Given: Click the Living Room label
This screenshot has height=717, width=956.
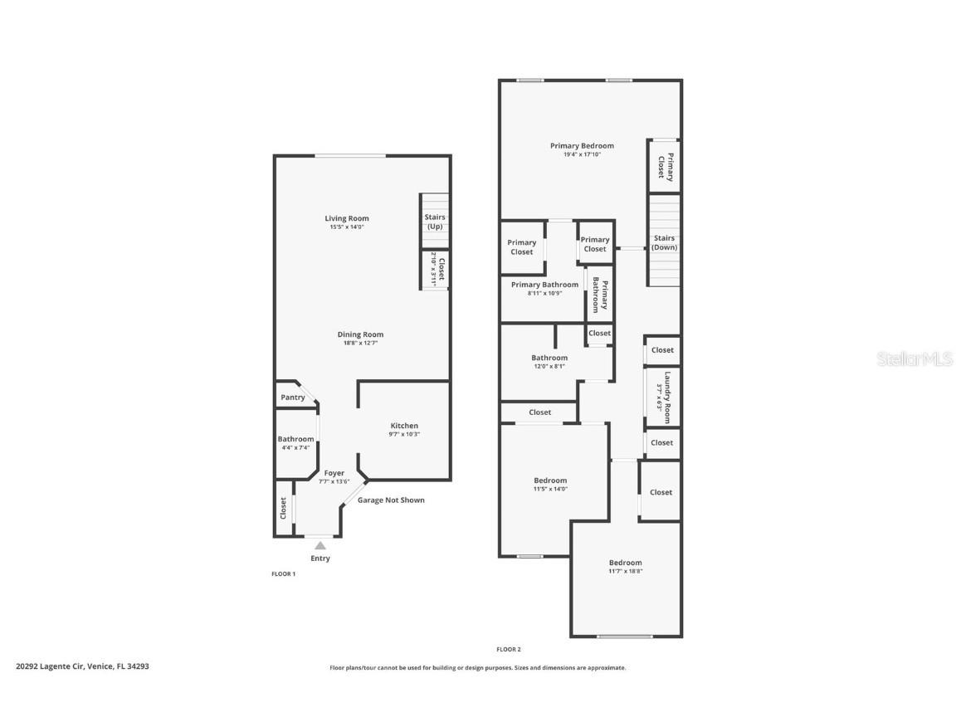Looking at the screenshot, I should tap(346, 218).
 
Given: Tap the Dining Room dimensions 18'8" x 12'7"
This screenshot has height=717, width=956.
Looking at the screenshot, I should tap(360, 344).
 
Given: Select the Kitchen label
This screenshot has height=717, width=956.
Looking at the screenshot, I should tap(404, 426).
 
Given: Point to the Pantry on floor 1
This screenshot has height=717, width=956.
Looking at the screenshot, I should tap(292, 398).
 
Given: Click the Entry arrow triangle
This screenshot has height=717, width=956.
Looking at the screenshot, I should tap(320, 545).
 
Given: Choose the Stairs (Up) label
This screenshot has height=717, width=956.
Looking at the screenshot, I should tap(435, 222).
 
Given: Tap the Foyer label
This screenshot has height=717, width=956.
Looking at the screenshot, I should tap(334, 473).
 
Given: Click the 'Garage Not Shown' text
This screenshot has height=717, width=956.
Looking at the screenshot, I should tap(391, 500).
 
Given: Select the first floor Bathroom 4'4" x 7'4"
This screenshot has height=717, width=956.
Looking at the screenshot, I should tap(295, 439).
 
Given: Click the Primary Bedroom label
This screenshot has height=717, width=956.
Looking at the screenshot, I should tap(582, 146).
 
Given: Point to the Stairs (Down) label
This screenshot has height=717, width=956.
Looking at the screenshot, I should tap(664, 242).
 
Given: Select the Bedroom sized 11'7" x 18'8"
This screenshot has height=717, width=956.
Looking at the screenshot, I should tap(625, 563).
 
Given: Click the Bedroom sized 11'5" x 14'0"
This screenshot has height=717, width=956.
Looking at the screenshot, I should tap(550, 480).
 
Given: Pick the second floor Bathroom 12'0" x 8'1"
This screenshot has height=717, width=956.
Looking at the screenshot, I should tap(549, 358).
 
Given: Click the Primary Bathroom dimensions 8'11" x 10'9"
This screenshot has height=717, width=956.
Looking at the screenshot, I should tap(544, 293).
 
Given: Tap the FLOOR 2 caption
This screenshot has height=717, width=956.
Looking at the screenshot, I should tap(509, 649).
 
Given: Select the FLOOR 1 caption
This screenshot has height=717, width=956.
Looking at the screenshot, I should tap(284, 574).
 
